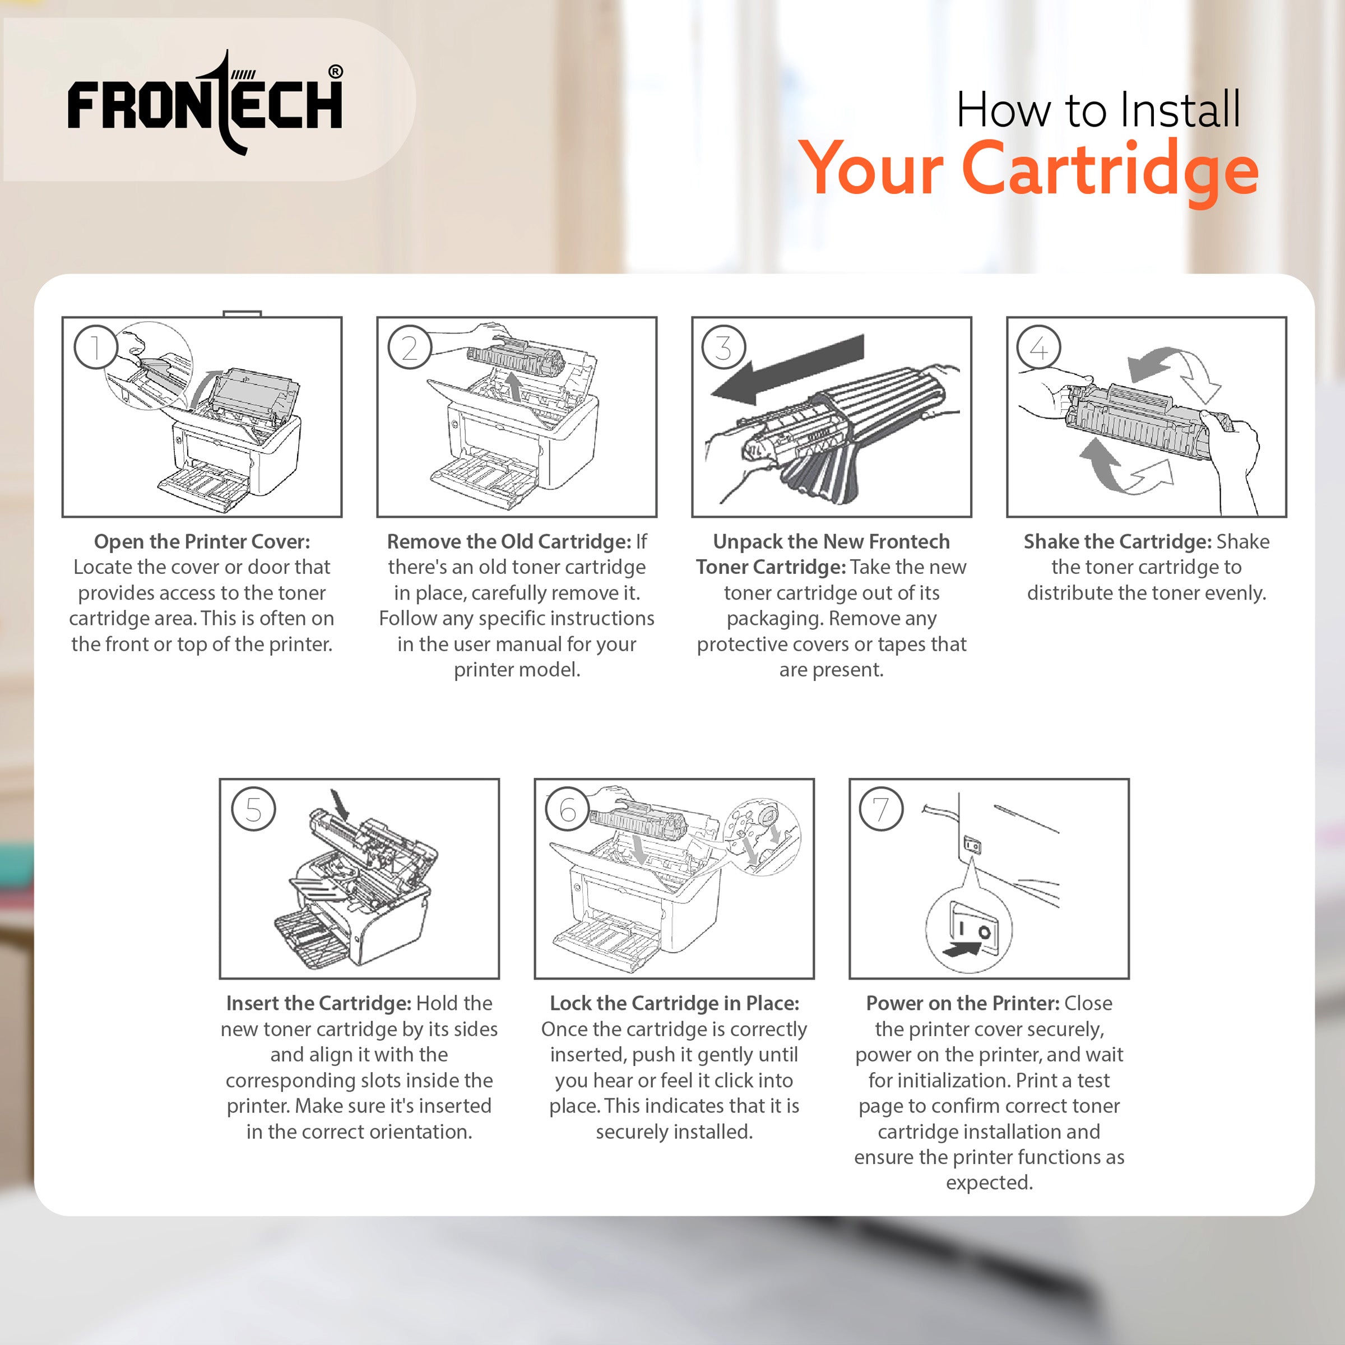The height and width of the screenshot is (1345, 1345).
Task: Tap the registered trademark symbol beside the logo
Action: click(x=336, y=72)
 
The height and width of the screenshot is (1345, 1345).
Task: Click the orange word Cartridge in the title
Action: click(x=1110, y=170)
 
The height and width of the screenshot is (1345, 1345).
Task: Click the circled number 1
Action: click(x=95, y=347)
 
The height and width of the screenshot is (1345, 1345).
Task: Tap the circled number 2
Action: click(x=410, y=347)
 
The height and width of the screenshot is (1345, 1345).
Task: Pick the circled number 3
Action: click(x=724, y=347)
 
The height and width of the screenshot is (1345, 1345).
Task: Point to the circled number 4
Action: click(x=1038, y=347)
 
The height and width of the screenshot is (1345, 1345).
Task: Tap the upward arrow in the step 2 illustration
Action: click(x=514, y=385)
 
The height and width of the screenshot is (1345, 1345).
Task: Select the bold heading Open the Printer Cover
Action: click(x=202, y=541)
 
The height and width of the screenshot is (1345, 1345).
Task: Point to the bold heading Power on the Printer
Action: click(x=962, y=1003)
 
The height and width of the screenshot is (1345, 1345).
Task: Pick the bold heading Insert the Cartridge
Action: click(x=318, y=1003)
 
